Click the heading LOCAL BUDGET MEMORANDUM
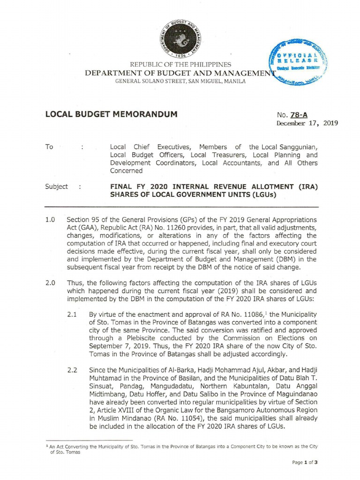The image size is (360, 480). (x=111, y=114)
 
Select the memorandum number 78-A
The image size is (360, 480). (x=300, y=114)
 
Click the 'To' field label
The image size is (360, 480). (x=49, y=147)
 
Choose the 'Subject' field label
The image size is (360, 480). (x=56, y=186)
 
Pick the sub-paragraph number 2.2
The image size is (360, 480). (x=72, y=370)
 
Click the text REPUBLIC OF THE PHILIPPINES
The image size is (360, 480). (x=180, y=64)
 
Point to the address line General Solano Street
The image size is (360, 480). (x=180, y=82)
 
